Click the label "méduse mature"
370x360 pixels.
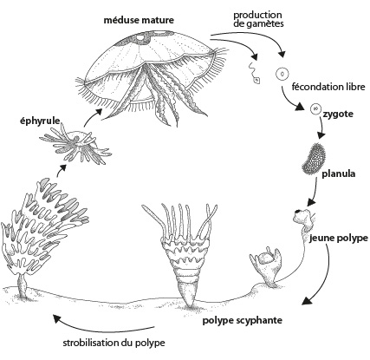point(139,20)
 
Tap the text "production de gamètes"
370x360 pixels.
point(259,19)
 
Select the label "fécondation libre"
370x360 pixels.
point(328,87)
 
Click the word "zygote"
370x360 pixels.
point(338,114)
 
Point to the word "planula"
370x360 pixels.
point(339,173)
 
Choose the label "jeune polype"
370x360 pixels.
point(339,239)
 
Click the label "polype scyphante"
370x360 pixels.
point(242,320)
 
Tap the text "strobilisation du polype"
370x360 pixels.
point(114,343)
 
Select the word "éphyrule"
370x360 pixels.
point(40,121)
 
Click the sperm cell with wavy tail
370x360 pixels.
point(254,72)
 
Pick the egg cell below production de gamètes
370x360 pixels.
point(282,74)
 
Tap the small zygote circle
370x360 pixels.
point(315,108)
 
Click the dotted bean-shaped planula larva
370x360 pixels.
point(314,159)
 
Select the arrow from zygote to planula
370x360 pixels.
point(321,127)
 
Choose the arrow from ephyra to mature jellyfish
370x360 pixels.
point(92,117)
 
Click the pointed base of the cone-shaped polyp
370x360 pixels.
point(189,304)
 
